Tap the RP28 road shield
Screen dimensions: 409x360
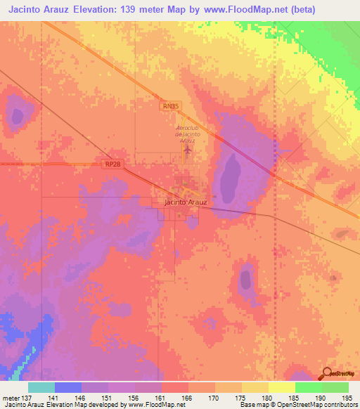click(x=112, y=164)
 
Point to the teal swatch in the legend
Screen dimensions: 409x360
click(x=41, y=387)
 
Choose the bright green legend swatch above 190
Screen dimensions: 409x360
click(x=309, y=387)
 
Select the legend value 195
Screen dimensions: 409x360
click(x=346, y=398)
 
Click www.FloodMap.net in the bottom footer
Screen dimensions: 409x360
click(x=151, y=405)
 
